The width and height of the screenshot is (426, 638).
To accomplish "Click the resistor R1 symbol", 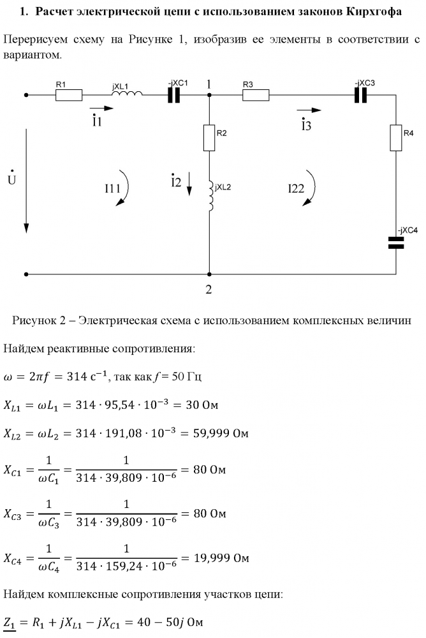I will (69, 96).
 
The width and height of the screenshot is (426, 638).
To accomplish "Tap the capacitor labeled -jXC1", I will (174, 96).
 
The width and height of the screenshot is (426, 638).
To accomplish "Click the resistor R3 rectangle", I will (256, 96).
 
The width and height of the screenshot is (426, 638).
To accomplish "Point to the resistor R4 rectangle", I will (396, 137).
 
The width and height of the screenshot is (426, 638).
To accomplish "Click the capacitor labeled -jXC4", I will (396, 242).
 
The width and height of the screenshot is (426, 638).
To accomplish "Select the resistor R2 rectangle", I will (209, 137).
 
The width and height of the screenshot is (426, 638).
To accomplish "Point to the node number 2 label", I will (209, 289).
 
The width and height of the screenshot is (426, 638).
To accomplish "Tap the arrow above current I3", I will (309, 110).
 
